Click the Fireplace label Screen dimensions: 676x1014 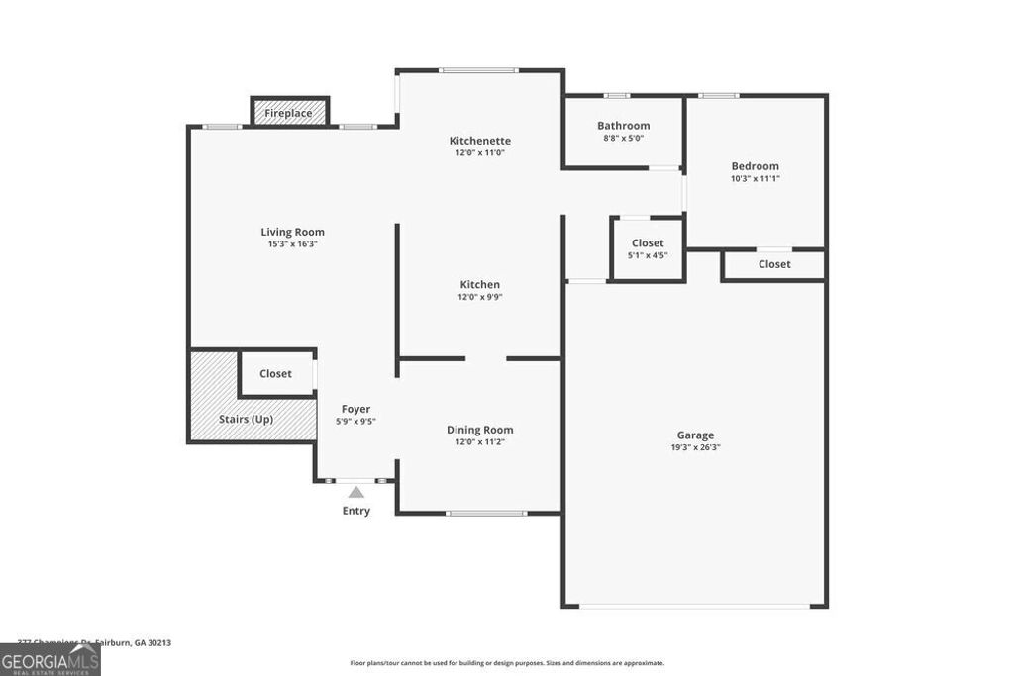288,114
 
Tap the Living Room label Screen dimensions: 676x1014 292,232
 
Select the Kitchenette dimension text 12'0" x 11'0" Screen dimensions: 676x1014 480,153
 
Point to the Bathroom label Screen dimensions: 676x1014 623,126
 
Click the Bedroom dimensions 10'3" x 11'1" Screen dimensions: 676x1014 755,179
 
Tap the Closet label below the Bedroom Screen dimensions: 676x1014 774,264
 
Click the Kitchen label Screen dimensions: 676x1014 479,284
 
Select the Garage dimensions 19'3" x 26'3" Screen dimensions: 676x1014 695,447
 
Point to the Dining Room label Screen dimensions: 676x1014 479,430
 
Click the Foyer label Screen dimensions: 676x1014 355,409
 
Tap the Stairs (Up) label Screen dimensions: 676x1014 246,419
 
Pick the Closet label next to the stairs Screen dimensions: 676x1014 275,374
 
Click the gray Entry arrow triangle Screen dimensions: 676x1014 355,491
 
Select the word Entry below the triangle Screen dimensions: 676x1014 355,511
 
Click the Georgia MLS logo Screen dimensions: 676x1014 50,660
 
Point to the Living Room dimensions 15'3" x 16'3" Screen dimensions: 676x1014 292,244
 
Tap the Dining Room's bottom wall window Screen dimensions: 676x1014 485,513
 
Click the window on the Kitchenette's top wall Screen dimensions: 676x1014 478,70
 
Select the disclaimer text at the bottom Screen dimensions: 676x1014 506,663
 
